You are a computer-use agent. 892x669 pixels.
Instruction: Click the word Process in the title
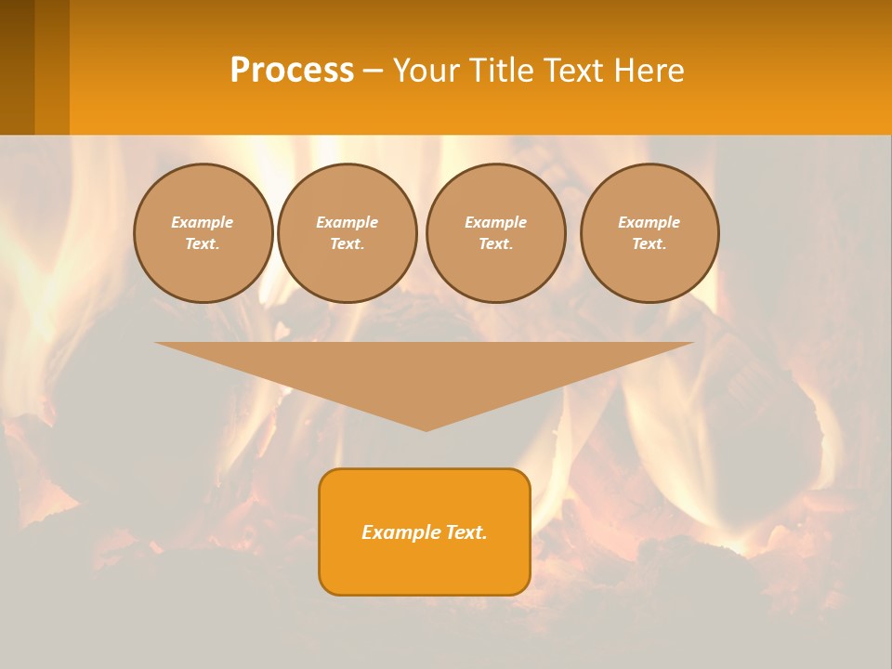[x=292, y=71]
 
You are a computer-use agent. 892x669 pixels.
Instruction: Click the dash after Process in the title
[x=373, y=72]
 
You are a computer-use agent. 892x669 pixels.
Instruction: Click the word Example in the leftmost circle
[x=202, y=222]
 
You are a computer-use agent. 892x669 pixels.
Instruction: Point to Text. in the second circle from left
[x=347, y=243]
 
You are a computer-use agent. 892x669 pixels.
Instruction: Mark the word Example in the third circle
[x=495, y=222]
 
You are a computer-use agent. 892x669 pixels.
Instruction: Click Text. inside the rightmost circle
[x=649, y=243]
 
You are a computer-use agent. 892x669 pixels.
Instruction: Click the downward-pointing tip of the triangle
[x=426, y=428]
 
